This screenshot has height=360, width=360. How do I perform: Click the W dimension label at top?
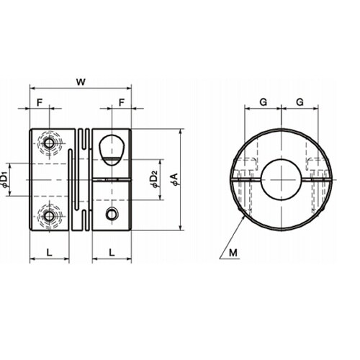81,82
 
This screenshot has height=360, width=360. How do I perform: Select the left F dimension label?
40,103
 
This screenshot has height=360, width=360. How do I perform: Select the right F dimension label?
122,103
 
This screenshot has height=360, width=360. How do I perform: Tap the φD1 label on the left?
5,179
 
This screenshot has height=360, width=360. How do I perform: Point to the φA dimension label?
175,179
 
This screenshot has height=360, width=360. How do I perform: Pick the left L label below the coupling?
49,253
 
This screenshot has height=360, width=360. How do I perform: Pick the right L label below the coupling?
112,253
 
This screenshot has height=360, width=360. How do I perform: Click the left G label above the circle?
264,102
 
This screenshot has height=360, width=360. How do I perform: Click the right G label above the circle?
300,102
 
